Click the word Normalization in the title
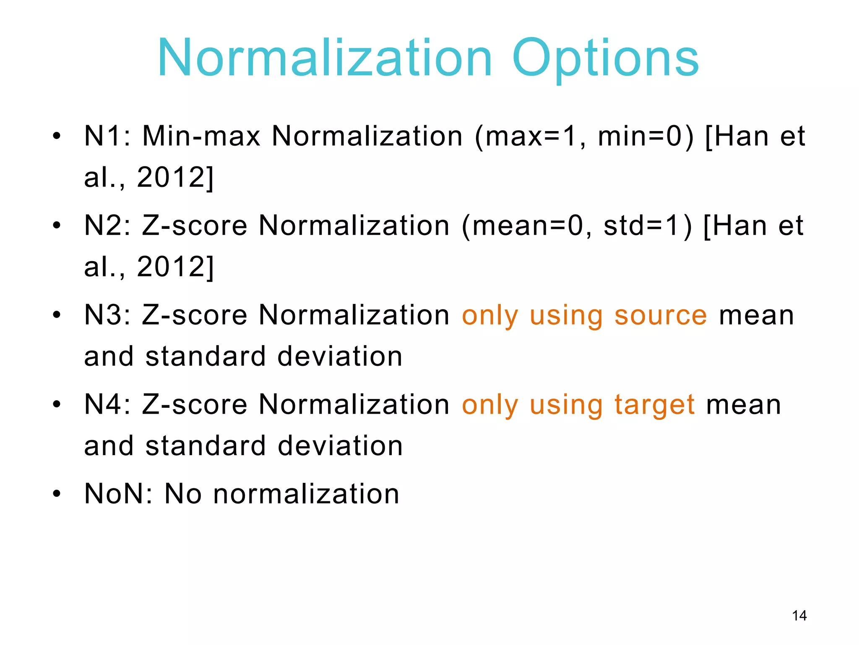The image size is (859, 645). point(325,59)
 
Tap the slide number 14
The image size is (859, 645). point(799,616)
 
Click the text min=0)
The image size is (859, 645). point(646,137)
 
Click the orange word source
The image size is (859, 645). point(661,316)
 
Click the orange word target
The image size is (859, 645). point(654,406)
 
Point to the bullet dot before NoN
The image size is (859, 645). point(57,494)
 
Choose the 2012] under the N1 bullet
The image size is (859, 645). point(175,177)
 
